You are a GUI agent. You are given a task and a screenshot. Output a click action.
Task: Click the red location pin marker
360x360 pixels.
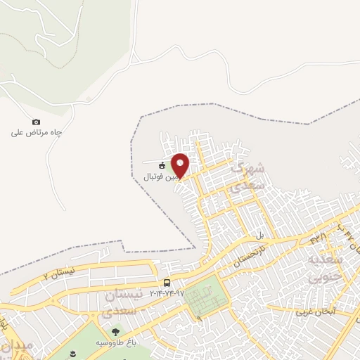[x=180, y=165]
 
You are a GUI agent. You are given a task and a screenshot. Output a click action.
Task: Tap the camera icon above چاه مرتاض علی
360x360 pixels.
[x=37, y=122]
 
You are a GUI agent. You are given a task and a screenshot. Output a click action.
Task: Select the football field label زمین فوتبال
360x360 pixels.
[x=155, y=176]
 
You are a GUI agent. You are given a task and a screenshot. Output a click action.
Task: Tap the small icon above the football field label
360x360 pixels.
[x=162, y=166]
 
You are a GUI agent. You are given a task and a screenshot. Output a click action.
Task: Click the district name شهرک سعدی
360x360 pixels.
[x=250, y=176]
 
